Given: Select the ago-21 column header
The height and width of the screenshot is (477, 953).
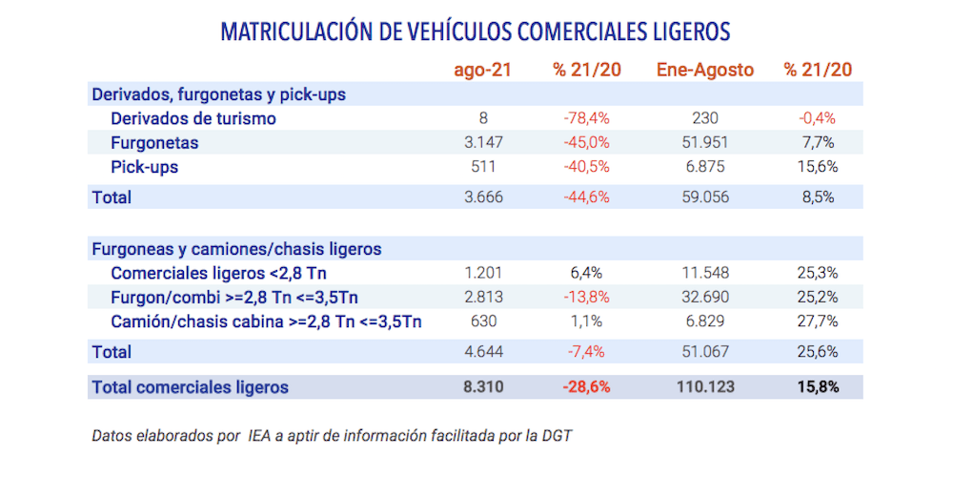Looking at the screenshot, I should (484, 70).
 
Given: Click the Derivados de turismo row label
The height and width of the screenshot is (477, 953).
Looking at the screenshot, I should (193, 118).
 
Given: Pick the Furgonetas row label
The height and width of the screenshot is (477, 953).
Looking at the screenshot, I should (154, 143).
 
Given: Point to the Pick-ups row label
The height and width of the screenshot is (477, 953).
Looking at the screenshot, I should (144, 167).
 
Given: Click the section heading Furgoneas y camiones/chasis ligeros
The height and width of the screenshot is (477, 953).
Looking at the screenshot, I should (236, 249).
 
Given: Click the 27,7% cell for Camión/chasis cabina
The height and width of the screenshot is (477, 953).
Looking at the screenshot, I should (817, 321).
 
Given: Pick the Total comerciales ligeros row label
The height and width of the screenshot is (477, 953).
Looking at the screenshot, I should (190, 387).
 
